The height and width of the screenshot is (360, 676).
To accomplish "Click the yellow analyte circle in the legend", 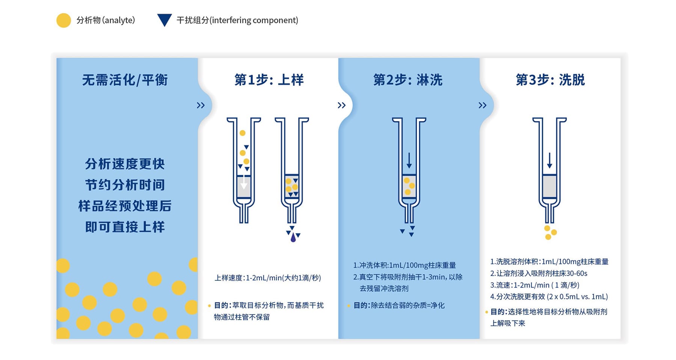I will pyautogui.click(x=63, y=20).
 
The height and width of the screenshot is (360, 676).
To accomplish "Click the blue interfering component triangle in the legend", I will pyautogui.click(x=164, y=19).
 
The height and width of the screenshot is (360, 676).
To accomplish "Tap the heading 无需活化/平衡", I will pyautogui.click(x=125, y=80).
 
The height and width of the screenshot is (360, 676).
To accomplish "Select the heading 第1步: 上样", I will pyautogui.click(x=269, y=80).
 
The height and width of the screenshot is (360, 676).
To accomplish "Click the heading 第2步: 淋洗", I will pyautogui.click(x=408, y=80).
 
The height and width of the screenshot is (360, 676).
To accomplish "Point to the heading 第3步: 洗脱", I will pyautogui.click(x=550, y=80).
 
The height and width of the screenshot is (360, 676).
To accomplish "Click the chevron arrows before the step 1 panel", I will pyautogui.click(x=201, y=106).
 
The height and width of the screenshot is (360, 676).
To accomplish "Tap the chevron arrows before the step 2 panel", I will pyautogui.click(x=341, y=106).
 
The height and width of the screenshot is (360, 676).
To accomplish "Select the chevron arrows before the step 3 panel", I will pyautogui.click(x=483, y=106).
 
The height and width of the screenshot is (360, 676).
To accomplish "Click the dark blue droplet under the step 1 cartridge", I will pyautogui.click(x=293, y=237).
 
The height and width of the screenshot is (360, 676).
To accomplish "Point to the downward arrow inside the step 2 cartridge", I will pyautogui.click(x=409, y=161).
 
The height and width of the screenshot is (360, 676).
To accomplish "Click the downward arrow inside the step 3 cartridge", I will pyautogui.click(x=549, y=161).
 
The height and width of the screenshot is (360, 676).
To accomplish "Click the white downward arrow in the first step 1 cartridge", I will pyautogui.click(x=244, y=183).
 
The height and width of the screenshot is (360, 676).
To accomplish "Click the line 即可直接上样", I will pyautogui.click(x=125, y=227).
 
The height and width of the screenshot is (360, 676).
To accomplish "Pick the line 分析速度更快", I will pyautogui.click(x=125, y=164).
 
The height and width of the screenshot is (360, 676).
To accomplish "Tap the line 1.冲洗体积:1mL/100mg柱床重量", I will pyautogui.click(x=404, y=265).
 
